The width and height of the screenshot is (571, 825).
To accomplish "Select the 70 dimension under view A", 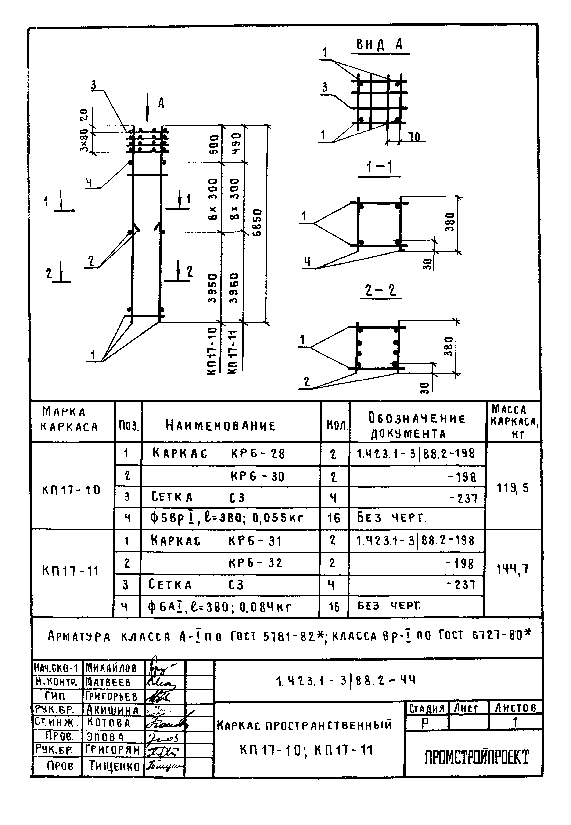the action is [x=415, y=137].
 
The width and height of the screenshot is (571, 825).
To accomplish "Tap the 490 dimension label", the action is [x=236, y=143].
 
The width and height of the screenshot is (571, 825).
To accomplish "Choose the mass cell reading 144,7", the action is [x=512, y=569].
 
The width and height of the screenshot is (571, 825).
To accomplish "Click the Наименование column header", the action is [x=221, y=425].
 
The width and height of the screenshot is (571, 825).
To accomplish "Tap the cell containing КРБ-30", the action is [x=258, y=477].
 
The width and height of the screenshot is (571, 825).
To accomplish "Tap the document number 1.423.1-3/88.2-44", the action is [x=346, y=680].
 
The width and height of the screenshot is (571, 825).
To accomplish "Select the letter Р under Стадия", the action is [x=425, y=724].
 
